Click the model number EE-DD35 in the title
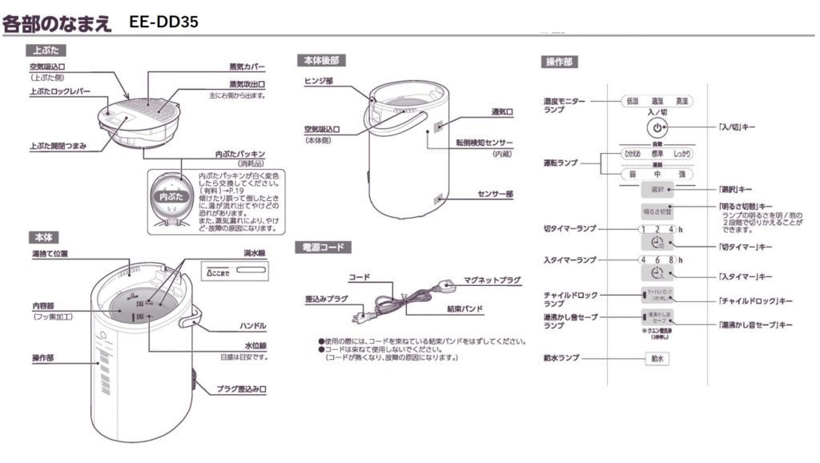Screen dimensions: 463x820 click(x=163, y=22)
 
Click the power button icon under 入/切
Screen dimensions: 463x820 click(x=656, y=128)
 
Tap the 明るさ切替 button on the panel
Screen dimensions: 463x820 click(x=657, y=211)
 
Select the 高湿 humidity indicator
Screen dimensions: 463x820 click(x=681, y=102)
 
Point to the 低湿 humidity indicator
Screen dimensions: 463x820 click(x=632, y=102)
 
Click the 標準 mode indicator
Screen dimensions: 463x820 click(x=657, y=154)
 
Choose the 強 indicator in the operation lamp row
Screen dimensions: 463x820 click(x=681, y=173)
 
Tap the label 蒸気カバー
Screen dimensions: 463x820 click(x=247, y=66)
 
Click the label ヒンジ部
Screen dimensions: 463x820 click(x=319, y=81)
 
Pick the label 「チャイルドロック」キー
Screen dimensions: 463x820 click(x=755, y=300)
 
